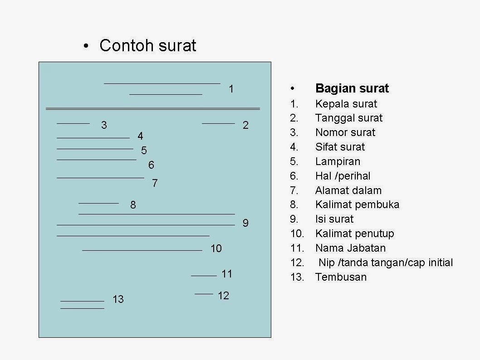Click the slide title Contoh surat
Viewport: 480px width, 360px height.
[x=147, y=46]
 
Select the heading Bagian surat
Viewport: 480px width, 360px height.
[x=352, y=88]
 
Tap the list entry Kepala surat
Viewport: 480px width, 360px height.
[x=346, y=104]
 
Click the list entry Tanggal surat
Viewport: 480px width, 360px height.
[x=349, y=118]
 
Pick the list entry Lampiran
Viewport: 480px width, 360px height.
[x=338, y=161]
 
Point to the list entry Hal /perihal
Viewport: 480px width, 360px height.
[x=343, y=176]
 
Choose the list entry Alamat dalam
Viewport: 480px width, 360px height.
[x=348, y=190]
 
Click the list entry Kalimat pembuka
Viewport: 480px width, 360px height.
[x=357, y=204]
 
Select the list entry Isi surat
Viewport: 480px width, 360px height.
[x=334, y=219]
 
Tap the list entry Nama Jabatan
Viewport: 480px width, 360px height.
[x=350, y=248]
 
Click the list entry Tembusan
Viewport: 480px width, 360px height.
[x=341, y=277]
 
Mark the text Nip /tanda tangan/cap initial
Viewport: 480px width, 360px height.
[x=386, y=263]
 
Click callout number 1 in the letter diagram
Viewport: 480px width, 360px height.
[x=231, y=89]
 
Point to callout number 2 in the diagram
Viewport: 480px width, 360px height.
[x=245, y=126]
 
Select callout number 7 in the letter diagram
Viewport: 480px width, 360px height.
[x=155, y=183]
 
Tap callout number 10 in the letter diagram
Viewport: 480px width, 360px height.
[x=216, y=248]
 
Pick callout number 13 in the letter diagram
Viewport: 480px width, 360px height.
[x=118, y=299]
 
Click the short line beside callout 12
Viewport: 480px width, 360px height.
[x=204, y=294]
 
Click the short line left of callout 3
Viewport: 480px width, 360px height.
[x=73, y=123]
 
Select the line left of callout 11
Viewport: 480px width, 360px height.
[x=204, y=276]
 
